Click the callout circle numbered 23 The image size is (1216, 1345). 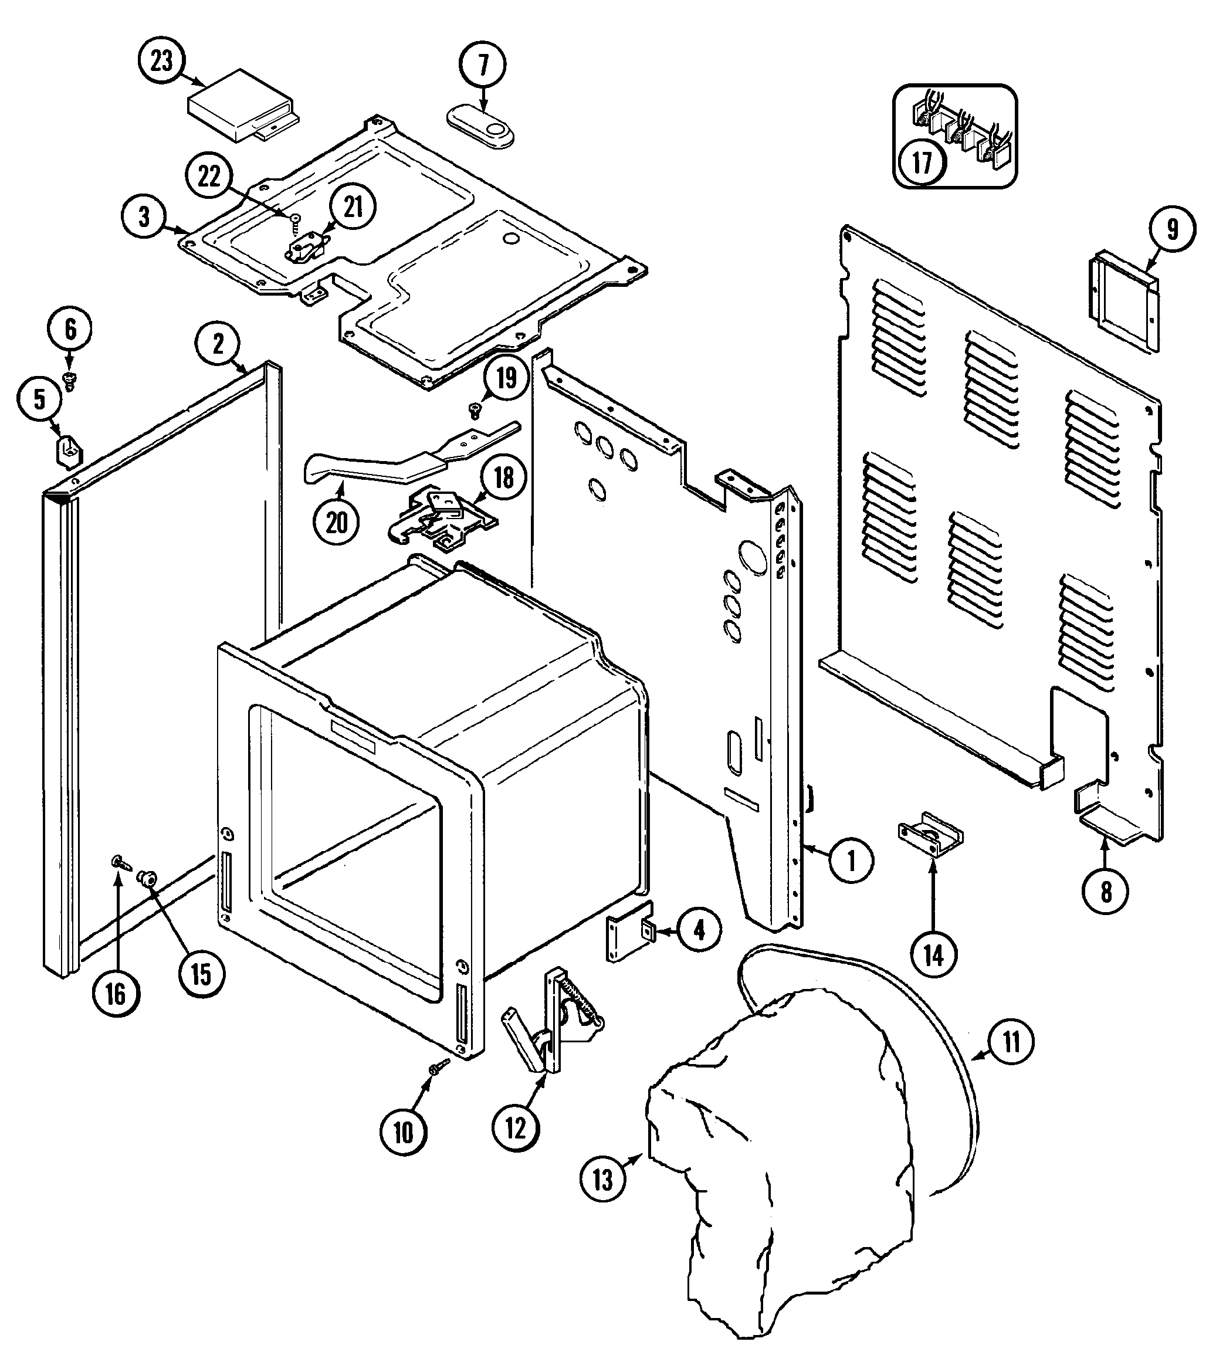pyautogui.click(x=161, y=62)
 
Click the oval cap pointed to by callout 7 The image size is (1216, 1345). pyautogui.click(x=480, y=126)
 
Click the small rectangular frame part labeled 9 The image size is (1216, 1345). pyautogui.click(x=1125, y=301)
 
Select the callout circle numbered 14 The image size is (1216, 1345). pyautogui.click(x=933, y=956)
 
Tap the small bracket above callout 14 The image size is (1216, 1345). pyautogui.click(x=930, y=836)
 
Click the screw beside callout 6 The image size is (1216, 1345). pyautogui.click(x=69, y=381)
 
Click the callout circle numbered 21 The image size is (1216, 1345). pyautogui.click(x=353, y=208)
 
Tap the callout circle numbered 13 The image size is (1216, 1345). pyautogui.click(x=602, y=1179)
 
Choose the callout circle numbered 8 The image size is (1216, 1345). pyautogui.click(x=1106, y=890)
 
